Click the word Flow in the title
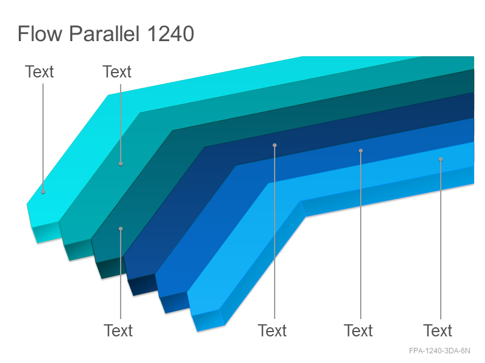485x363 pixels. point(40,33)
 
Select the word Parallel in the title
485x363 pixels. point(104,33)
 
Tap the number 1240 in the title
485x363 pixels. point(170,34)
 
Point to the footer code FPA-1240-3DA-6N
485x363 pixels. point(440,351)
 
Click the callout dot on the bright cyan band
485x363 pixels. point(43,192)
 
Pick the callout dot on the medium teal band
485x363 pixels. point(121,163)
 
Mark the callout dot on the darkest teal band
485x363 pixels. point(121,229)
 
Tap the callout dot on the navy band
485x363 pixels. point(275,145)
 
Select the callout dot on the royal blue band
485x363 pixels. point(361,151)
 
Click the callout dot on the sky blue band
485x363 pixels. point(441,159)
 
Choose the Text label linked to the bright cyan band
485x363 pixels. point(39,71)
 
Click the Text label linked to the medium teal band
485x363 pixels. point(117,71)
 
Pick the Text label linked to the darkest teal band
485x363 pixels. point(118,330)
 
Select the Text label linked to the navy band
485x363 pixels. point(272,330)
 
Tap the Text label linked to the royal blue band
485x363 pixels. point(358,330)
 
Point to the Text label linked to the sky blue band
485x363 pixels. point(438,330)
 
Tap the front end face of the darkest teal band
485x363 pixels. point(109,268)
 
